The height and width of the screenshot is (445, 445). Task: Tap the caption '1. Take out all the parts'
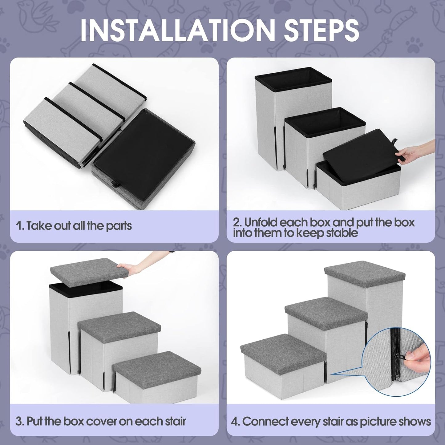point(74,226)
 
